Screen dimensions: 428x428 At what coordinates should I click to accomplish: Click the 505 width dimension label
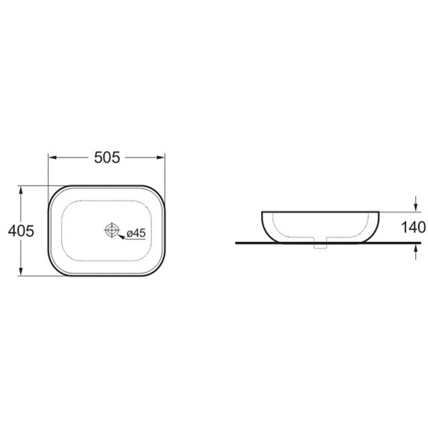coord(107,158)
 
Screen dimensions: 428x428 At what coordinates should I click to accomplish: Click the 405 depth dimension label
coord(21,231)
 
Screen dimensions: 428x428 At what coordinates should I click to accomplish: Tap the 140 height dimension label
coord(414,227)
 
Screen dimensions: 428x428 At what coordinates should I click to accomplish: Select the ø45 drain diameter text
coord(136,233)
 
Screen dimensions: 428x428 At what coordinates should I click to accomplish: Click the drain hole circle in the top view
coord(112,230)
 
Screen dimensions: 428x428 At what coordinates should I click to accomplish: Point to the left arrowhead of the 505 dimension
coord(52,158)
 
